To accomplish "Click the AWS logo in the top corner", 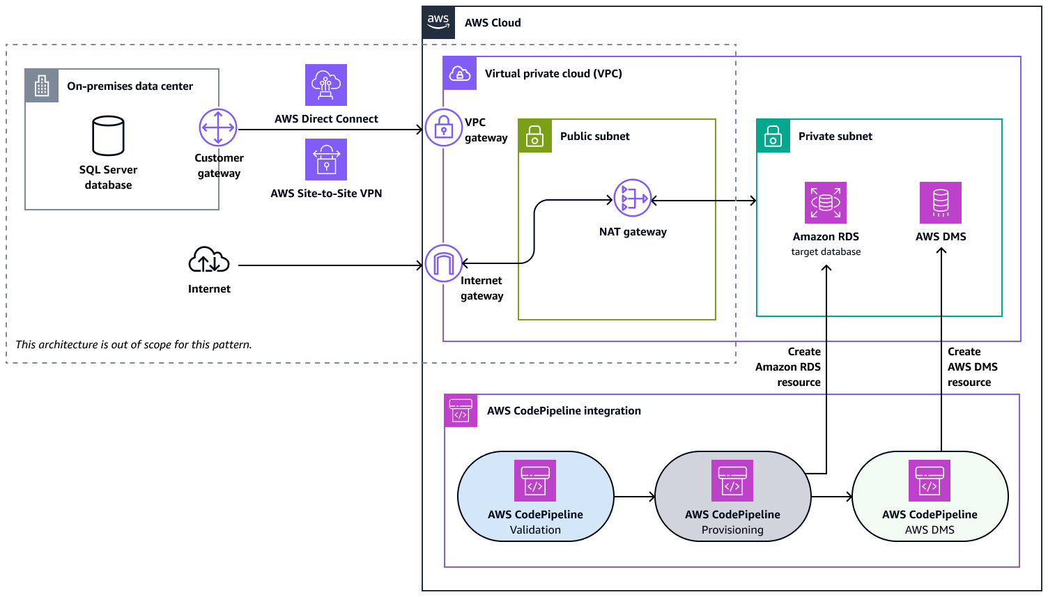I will point(438,22).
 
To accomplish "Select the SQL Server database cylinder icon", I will point(108,136).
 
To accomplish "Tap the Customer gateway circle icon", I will point(218,128).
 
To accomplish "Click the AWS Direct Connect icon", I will point(326,85).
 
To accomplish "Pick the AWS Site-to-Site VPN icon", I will point(326,160).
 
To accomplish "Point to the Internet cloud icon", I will point(209,261).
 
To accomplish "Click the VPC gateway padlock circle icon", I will point(443,127).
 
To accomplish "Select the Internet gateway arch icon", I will point(443,263).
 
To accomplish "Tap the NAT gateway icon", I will point(633,199).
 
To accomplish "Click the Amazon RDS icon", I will point(826,203).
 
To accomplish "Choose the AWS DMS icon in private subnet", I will point(941,203).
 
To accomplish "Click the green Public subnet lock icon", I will point(535,136).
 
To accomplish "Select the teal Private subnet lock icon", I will point(773,136).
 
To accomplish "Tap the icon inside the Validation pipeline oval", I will point(535,481).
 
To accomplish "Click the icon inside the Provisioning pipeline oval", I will point(732,481).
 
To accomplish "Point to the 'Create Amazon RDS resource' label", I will point(789,367).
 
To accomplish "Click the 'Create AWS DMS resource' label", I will point(972,367).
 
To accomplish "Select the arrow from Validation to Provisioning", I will point(634,497).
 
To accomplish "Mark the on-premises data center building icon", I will point(42,86).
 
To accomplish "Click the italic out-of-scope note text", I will point(134,345).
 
